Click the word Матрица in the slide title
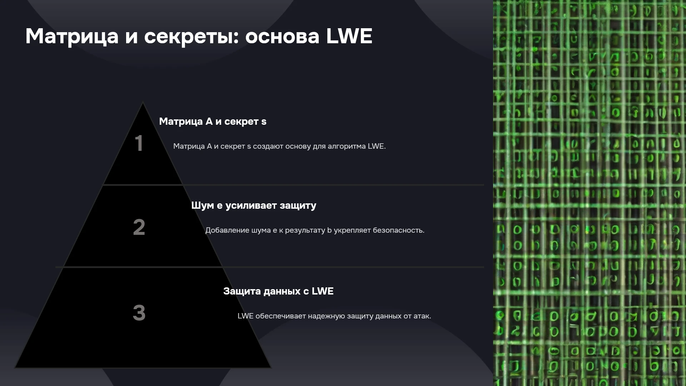tap(72, 36)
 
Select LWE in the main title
tap(349, 36)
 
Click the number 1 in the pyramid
tap(139, 143)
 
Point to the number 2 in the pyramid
tap(139, 227)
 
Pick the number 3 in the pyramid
tap(139, 313)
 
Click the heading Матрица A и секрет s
tap(213, 122)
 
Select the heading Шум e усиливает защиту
tap(254, 206)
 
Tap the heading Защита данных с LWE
tap(278, 291)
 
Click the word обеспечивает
tap(280, 316)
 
